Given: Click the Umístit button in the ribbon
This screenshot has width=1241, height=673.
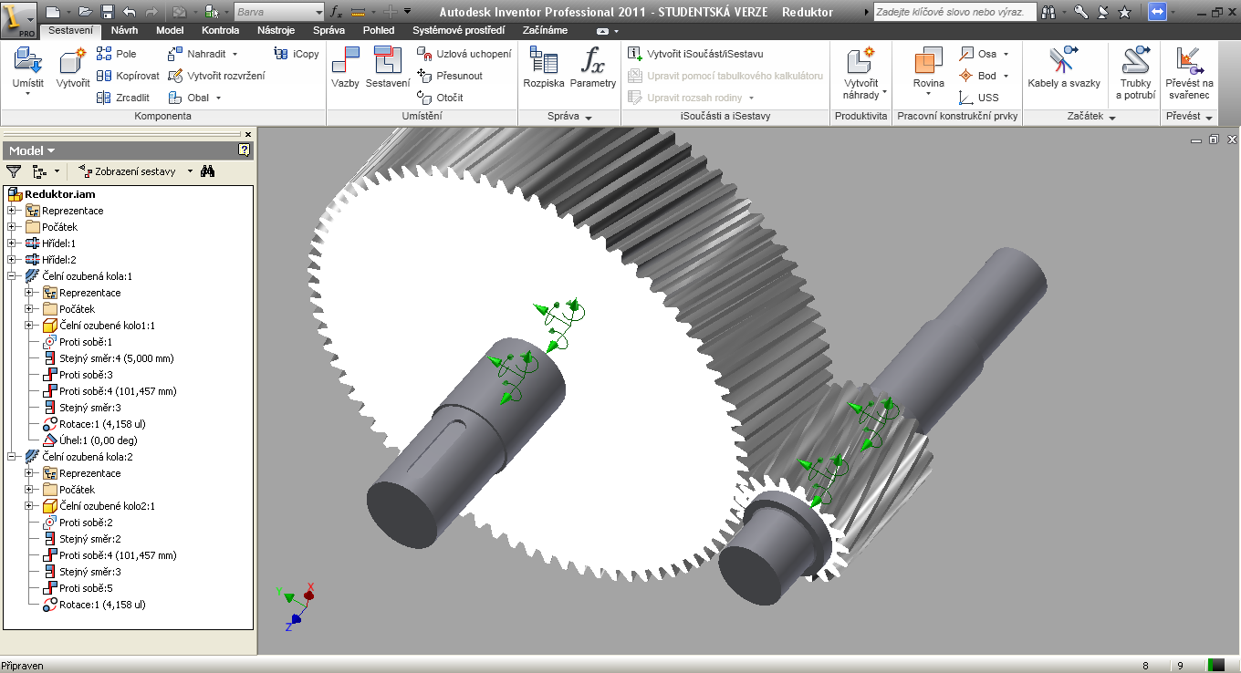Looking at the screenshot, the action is (x=27, y=71).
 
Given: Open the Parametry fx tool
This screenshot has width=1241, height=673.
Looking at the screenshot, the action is (x=593, y=67).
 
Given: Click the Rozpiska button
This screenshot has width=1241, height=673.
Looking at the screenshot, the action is (x=544, y=67).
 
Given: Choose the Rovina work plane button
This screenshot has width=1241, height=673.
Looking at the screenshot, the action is (x=929, y=71).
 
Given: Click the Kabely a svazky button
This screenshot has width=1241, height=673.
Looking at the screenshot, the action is (x=1064, y=67).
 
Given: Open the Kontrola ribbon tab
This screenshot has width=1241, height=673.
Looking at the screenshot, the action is (x=220, y=30).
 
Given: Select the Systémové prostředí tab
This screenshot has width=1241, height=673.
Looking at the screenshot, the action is (x=458, y=30).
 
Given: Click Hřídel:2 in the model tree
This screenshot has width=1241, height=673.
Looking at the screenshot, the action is (x=58, y=260).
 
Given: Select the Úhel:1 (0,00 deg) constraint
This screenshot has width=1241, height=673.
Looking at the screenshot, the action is (x=98, y=440).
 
